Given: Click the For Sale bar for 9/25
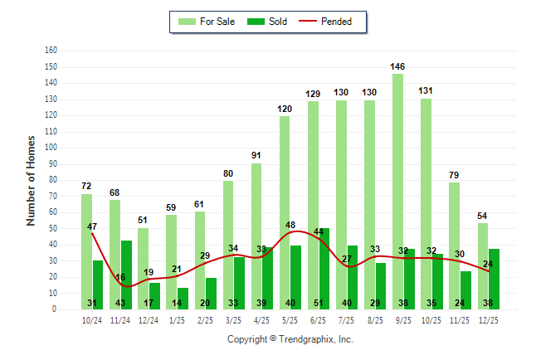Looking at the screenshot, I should tap(397, 191).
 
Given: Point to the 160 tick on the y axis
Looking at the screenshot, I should tap(51, 51).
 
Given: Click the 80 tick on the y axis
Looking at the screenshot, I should tap(52, 180).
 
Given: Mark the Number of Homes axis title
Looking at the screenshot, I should tap(31, 180).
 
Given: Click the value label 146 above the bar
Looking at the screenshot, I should tap(398, 66).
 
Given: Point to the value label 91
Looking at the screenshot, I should tap(257, 154).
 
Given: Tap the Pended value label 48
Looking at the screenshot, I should tap(290, 225).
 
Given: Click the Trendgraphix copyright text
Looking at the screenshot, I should tap(290, 339).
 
